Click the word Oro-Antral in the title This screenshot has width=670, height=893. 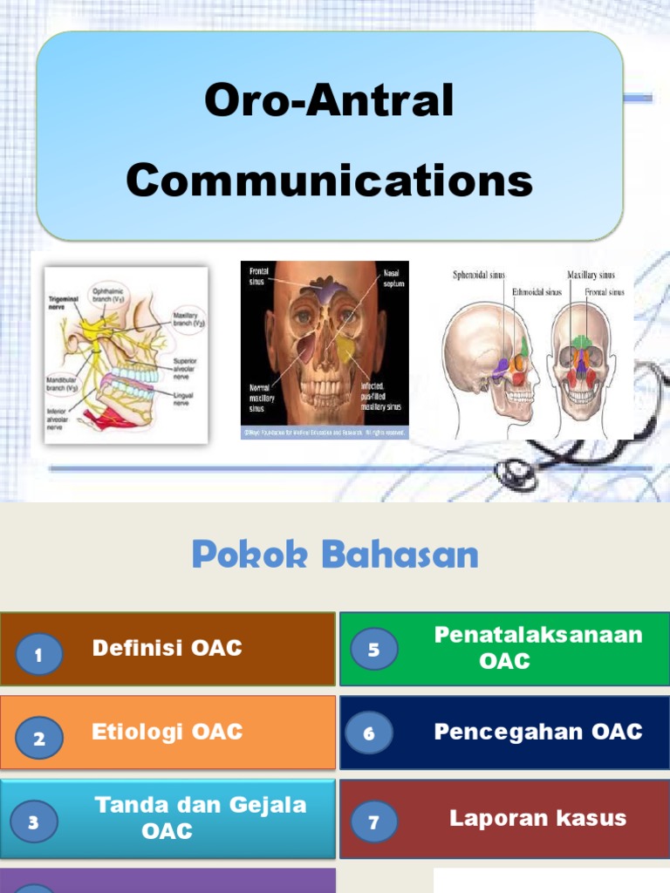pos(329,100)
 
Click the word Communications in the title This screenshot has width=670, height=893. pos(329,181)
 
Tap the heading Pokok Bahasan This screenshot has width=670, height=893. pos(335,555)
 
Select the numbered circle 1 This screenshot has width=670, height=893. pos(38,656)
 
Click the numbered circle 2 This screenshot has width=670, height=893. pos(38,739)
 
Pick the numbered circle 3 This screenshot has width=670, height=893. pos(33,821)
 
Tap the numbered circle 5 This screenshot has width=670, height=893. pos(374,649)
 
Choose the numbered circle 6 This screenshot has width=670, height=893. pos(369,733)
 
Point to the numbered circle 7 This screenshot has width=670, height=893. pos(374,821)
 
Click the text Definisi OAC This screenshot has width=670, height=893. pos(167,648)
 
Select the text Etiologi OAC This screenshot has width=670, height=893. pos(167,732)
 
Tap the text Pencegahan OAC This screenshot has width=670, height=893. pos(538,732)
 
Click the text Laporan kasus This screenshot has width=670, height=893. pos(537,818)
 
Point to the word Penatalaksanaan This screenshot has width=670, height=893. pos(538,635)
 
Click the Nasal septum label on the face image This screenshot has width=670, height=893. pos(390,278)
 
